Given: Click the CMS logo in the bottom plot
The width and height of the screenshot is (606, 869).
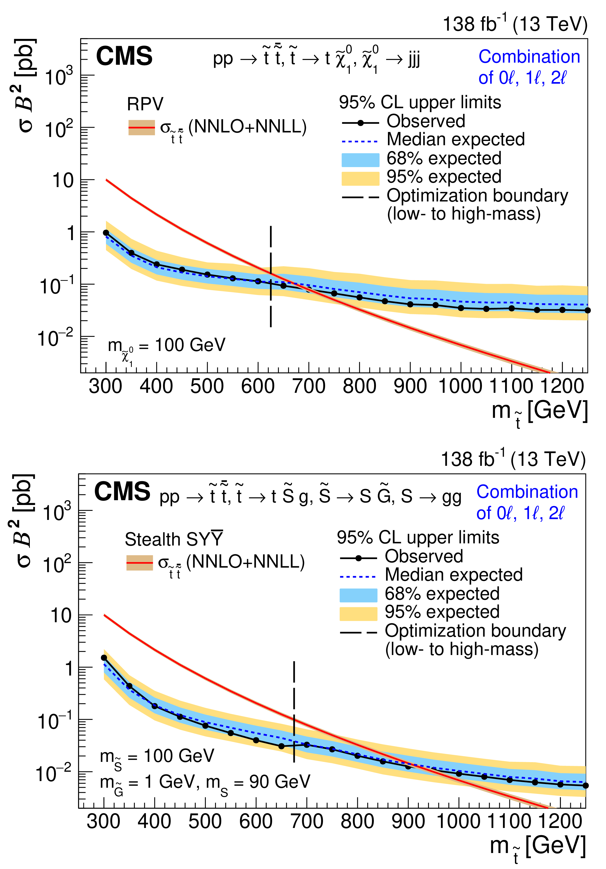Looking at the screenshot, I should pos(122,491).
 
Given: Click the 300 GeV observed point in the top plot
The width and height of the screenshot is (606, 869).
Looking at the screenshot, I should pos(106,233).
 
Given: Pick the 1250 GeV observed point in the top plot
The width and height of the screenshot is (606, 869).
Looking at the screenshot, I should pos(587,310).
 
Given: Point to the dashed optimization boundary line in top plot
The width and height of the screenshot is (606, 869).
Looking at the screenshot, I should pos(271,276).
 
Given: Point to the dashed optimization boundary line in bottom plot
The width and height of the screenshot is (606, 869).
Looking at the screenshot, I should pos(294,712).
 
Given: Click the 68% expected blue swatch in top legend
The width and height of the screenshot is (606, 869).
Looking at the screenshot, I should pos(360,160).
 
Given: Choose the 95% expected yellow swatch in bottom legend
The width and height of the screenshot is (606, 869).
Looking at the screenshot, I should pos(358,613).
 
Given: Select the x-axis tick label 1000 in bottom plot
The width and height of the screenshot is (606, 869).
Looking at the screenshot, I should pos(458,822).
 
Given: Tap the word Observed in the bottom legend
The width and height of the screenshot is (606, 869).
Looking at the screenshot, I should pos(424,556).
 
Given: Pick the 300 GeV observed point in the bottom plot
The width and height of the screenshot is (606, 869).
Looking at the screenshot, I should pos(104,657).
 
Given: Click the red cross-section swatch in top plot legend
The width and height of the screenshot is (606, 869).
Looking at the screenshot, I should pos(141,128).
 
